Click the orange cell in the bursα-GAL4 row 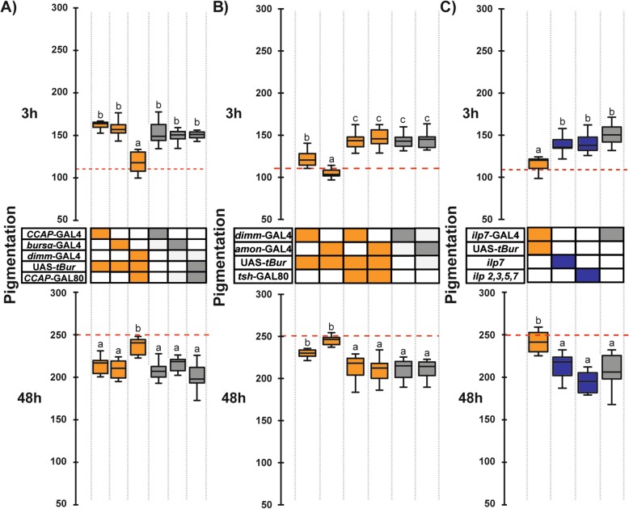tap(119, 244)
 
